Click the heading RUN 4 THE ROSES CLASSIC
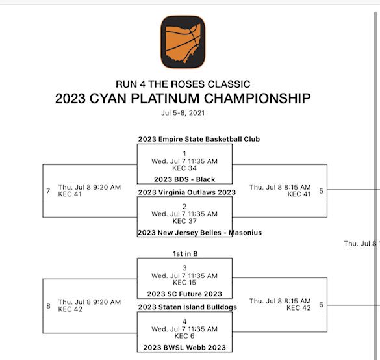pos(183,84)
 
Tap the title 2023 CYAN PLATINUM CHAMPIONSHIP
pos(183,99)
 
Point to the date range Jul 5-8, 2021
pos(183,112)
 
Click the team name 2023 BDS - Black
pos(184,179)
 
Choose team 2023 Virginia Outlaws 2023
pos(187,192)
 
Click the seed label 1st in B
pos(184,255)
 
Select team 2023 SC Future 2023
pos(184,294)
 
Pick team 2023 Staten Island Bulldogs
pos(188,307)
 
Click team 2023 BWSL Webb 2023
pos(184,348)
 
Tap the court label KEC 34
pos(184,168)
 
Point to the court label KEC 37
pos(184,220)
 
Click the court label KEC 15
pos(184,282)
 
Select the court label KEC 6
pos(184,335)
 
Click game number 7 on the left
pos(48,191)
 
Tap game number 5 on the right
pos(321,191)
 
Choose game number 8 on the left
pos(48,305)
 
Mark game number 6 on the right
pos(321,305)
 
